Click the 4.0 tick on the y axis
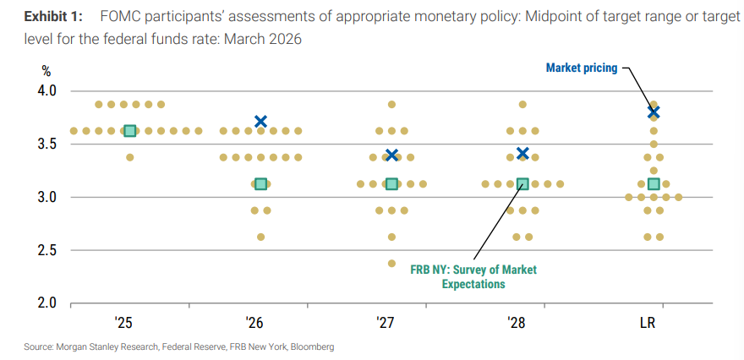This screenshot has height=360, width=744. [x=43, y=90]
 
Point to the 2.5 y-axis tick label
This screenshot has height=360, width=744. [x=43, y=250]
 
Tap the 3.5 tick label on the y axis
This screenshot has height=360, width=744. [x=43, y=144]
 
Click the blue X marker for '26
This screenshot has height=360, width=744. [x=260, y=122]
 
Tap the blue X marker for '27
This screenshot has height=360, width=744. [x=391, y=155]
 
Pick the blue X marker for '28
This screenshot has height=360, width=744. [x=522, y=154]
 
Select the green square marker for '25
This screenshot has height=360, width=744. [x=129, y=131]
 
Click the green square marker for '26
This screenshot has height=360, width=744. [x=260, y=183]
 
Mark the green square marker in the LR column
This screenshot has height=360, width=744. [x=654, y=184]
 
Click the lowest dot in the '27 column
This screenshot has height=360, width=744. [x=391, y=263]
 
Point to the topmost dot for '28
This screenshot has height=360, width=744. [x=522, y=105]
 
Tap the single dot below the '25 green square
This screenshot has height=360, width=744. [x=129, y=157]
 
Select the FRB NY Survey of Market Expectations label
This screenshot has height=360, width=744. [x=473, y=277]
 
